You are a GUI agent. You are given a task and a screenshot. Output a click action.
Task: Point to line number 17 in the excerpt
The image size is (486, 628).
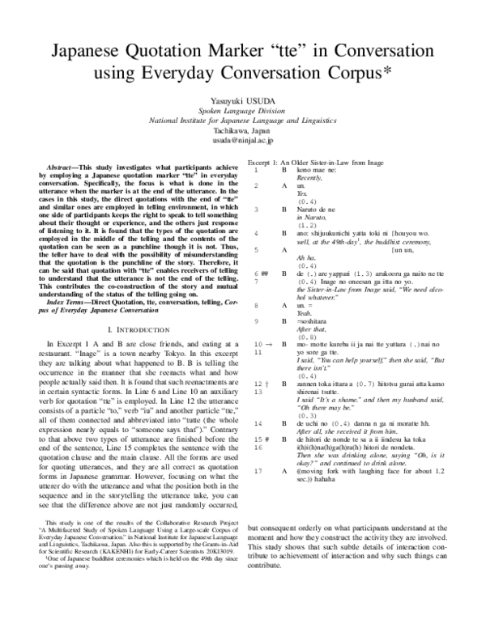257,469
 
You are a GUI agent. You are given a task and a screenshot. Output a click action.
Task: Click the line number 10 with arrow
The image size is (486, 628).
259,344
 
